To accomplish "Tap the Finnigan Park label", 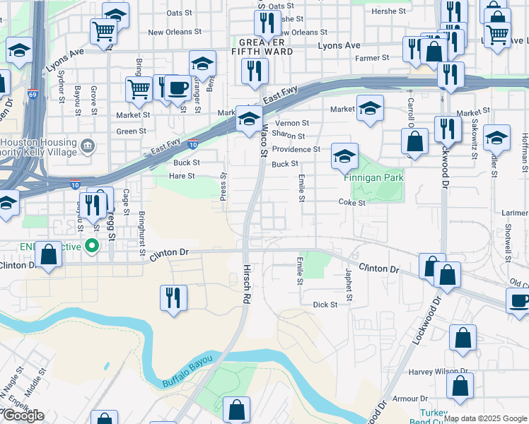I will click(373, 177).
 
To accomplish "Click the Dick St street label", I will click(325, 305).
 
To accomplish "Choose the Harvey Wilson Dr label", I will click(439, 370).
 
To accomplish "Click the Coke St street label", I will click(351, 202).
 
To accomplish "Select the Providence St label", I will click(296, 149).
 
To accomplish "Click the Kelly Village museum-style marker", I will click(88, 146).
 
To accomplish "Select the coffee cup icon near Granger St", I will click(178, 88).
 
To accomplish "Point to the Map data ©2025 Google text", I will click(484, 418).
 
